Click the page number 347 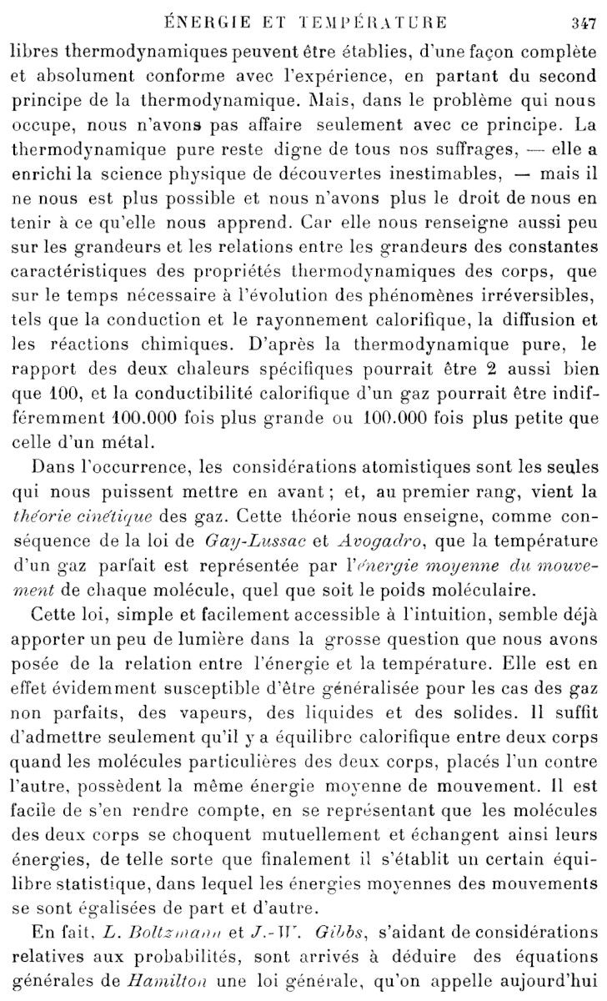click(581, 23)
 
